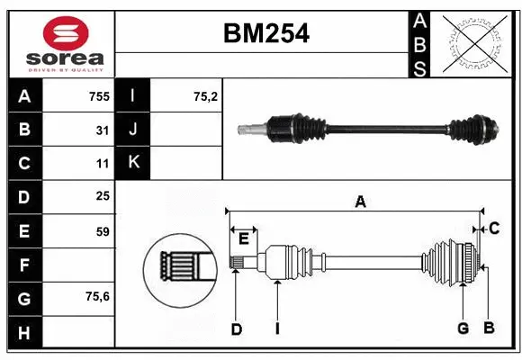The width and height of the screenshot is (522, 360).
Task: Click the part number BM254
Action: point(265,34)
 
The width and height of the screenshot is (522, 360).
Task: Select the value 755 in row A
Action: point(98,95)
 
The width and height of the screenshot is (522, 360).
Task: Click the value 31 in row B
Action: point(102,130)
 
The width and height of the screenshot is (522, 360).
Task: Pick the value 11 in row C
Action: point(102,164)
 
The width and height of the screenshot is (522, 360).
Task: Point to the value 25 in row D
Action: point(102,195)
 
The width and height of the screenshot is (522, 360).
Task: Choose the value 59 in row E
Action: point(102,231)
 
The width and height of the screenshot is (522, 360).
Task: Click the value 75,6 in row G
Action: point(98,296)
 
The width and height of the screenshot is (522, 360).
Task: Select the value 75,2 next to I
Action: point(206,95)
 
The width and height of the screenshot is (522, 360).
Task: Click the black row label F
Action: point(24,265)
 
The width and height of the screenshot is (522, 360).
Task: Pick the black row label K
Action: point(133,163)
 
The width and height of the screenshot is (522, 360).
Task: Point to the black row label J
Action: point(133,130)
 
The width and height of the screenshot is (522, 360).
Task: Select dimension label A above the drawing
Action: point(360,202)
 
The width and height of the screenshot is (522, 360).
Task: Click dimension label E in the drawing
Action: point(244,238)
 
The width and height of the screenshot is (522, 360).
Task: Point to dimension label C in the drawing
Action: point(493,229)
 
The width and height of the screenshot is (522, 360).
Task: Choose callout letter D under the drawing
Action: point(236,329)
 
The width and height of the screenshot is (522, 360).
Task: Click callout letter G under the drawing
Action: point(463,328)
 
